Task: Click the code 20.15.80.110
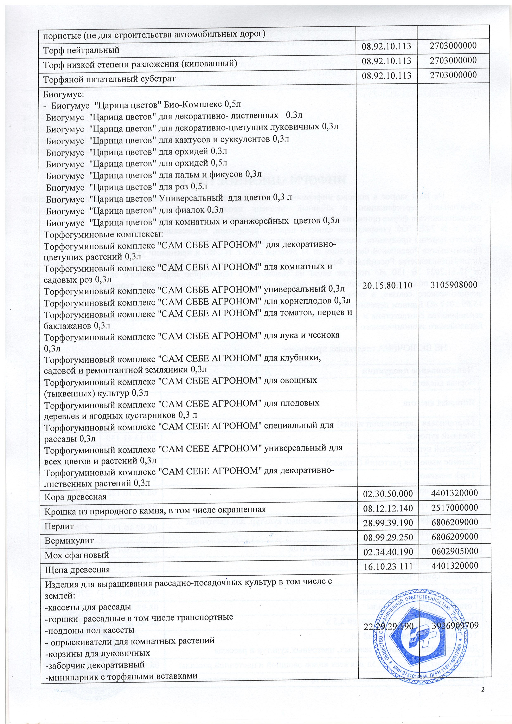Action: tap(387, 285)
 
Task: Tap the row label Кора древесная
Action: tap(75, 497)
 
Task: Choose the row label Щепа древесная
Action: tap(77, 569)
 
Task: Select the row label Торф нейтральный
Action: tap(81, 50)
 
